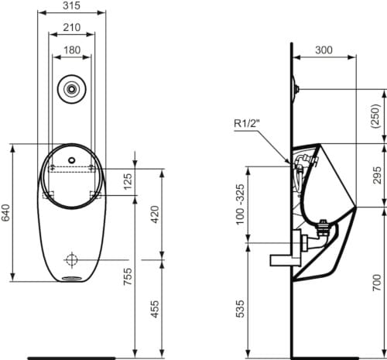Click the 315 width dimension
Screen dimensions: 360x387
tap(71, 7)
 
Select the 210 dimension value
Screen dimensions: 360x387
tap(71, 27)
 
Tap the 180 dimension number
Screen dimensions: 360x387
tap(71, 49)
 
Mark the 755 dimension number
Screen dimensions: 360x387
tap(128, 275)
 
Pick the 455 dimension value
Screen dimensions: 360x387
tap(156, 308)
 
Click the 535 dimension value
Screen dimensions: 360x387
tap(239, 307)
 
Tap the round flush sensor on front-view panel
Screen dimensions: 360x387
tap(71, 88)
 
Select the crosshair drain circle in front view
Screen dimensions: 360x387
tap(71, 258)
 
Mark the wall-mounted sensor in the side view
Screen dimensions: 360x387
tap(294, 87)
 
